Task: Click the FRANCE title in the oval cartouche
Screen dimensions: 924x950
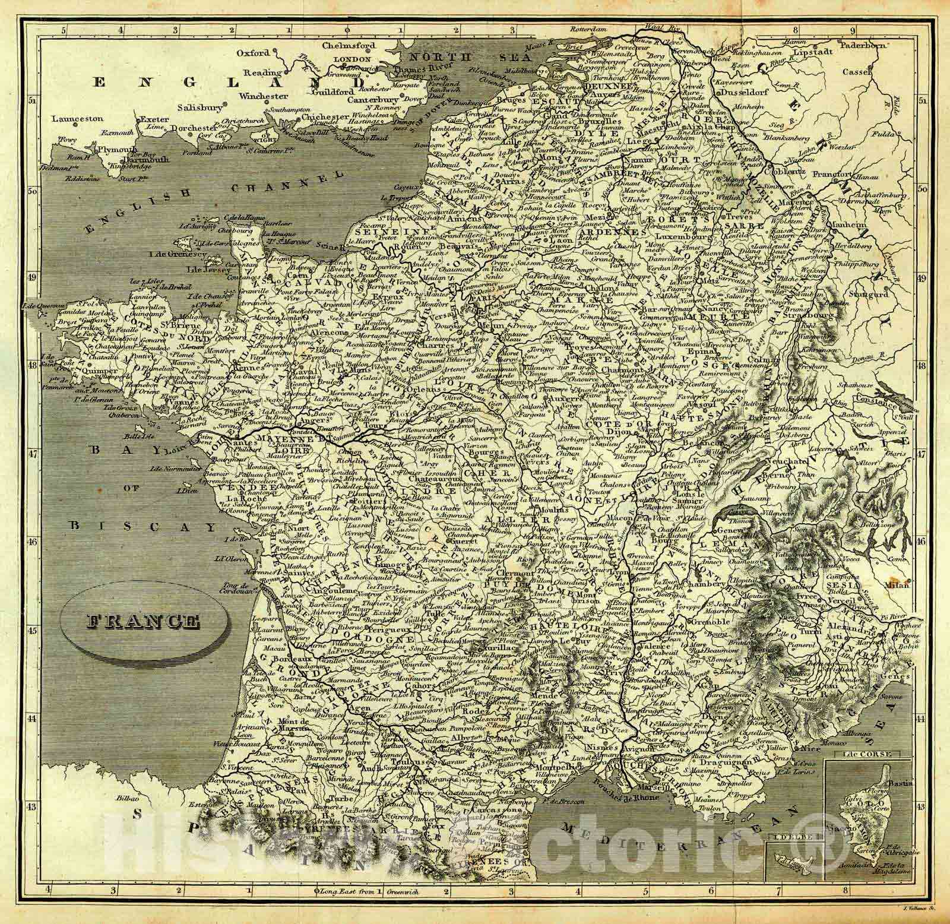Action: (143, 622)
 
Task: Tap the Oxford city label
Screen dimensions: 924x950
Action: (254, 52)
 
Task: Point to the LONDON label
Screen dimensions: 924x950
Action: (351, 59)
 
